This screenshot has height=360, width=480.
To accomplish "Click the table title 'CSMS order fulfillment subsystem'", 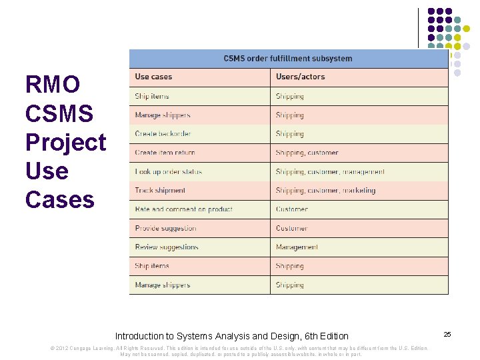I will coord(288,59).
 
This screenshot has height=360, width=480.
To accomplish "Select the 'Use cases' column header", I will coord(153,77).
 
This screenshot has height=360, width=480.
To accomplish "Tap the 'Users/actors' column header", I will coord(300,77).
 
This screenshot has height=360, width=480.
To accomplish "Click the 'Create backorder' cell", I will coord(163,134).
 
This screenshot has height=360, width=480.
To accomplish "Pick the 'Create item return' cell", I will coord(165,153).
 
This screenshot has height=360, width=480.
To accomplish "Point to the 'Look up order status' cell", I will coord(168,171).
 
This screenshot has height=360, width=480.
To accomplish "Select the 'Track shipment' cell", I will coord(160,190).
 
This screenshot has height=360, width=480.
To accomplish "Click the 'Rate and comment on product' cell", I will coord(183,209).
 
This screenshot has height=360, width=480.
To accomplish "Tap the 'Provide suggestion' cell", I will coord(165,228).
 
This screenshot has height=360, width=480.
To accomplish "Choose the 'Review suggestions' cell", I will coord(167,247).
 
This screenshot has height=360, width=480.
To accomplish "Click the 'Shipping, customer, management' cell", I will coord(330,171).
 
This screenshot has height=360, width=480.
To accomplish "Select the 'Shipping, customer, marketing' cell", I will coord(325,190).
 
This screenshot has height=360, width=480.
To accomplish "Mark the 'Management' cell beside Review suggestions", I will coord(297,247).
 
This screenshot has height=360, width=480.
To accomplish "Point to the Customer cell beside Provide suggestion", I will coord(291,228).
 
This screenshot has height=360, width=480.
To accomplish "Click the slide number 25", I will coord(447,333).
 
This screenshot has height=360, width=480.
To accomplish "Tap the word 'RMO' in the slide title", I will coord(53,85).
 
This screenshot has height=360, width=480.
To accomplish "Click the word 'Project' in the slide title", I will coord(65,142).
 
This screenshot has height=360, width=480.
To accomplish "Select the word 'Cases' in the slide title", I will coord(59,199).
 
